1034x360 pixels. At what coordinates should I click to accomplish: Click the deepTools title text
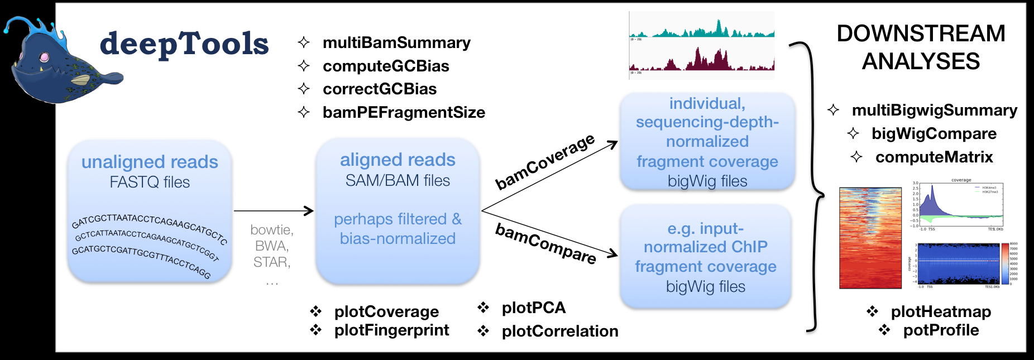(184, 44)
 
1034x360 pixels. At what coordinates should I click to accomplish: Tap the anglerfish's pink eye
(44, 57)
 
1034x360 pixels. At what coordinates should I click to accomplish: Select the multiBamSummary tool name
(396, 43)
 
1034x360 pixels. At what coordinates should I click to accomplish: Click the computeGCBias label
(386, 66)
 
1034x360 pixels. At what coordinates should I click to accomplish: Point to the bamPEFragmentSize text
(404, 112)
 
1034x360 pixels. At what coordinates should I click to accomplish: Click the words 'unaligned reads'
(150, 162)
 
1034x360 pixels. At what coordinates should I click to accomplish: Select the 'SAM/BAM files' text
(398, 180)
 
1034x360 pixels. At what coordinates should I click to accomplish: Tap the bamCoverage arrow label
(545, 161)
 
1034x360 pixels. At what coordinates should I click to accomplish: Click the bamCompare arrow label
(545, 243)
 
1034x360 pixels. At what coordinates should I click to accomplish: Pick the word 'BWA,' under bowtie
(272, 246)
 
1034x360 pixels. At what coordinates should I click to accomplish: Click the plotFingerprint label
(391, 330)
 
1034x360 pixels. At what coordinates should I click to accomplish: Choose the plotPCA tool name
(533, 308)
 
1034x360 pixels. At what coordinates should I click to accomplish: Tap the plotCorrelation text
(560, 331)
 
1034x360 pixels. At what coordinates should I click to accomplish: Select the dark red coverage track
(702, 60)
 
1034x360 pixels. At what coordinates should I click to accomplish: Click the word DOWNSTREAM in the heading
(921, 33)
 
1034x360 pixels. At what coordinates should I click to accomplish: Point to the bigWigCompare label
(934, 133)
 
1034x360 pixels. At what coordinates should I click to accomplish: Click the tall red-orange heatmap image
(870, 238)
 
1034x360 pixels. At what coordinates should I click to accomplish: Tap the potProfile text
(941, 330)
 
